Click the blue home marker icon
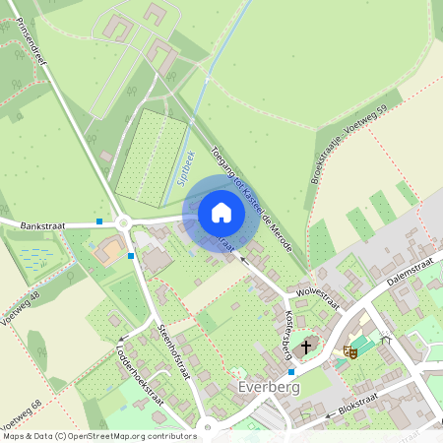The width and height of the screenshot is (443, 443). (221, 213)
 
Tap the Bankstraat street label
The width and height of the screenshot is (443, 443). (42, 225)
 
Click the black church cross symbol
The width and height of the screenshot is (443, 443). (306, 347)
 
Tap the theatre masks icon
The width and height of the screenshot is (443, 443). (348, 351)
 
